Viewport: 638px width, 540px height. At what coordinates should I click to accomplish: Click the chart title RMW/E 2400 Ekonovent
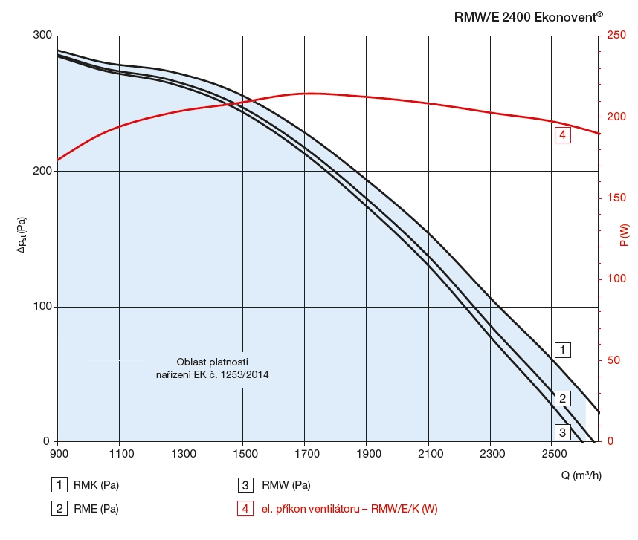528,16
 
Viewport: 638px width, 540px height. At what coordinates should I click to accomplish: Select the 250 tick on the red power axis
616,36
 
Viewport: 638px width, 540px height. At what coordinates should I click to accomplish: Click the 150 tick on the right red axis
616,198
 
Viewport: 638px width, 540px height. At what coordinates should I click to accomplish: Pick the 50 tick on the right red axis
613,360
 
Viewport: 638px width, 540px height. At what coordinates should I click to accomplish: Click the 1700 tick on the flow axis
305,454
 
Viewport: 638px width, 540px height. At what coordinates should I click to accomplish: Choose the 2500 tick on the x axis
551,454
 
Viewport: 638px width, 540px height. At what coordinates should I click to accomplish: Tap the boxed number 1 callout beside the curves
563,349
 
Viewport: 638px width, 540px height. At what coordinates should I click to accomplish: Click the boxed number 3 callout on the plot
563,432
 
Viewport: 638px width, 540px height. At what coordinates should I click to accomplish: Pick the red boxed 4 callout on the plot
563,135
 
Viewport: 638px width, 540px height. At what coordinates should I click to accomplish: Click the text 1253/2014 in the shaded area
241,375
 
